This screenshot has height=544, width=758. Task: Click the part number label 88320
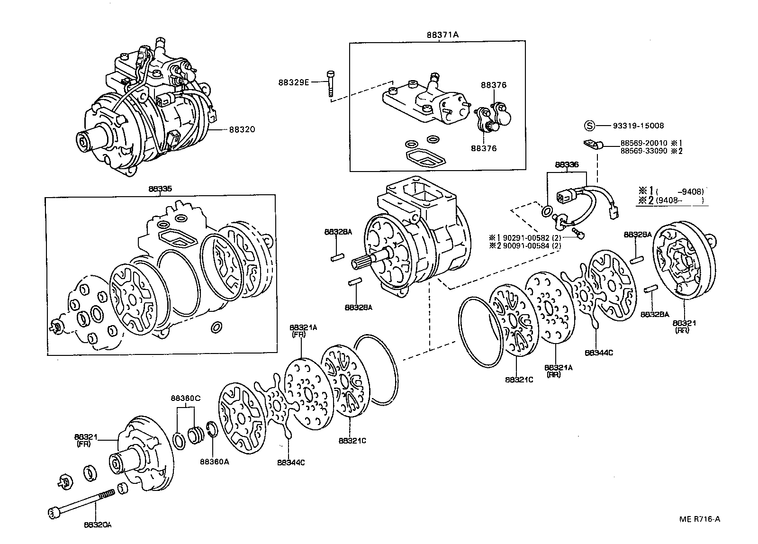pyautogui.click(x=242, y=129)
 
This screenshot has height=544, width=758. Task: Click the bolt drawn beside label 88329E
pyautogui.click(x=330, y=83)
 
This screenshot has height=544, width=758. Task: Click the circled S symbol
pyautogui.click(x=589, y=126)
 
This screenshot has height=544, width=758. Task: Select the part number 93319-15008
pyautogui.click(x=638, y=126)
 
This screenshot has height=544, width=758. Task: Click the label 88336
pyautogui.click(x=567, y=165)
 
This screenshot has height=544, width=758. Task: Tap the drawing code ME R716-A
pyautogui.click(x=699, y=519)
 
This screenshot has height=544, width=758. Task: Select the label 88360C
pyautogui.click(x=186, y=398)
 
